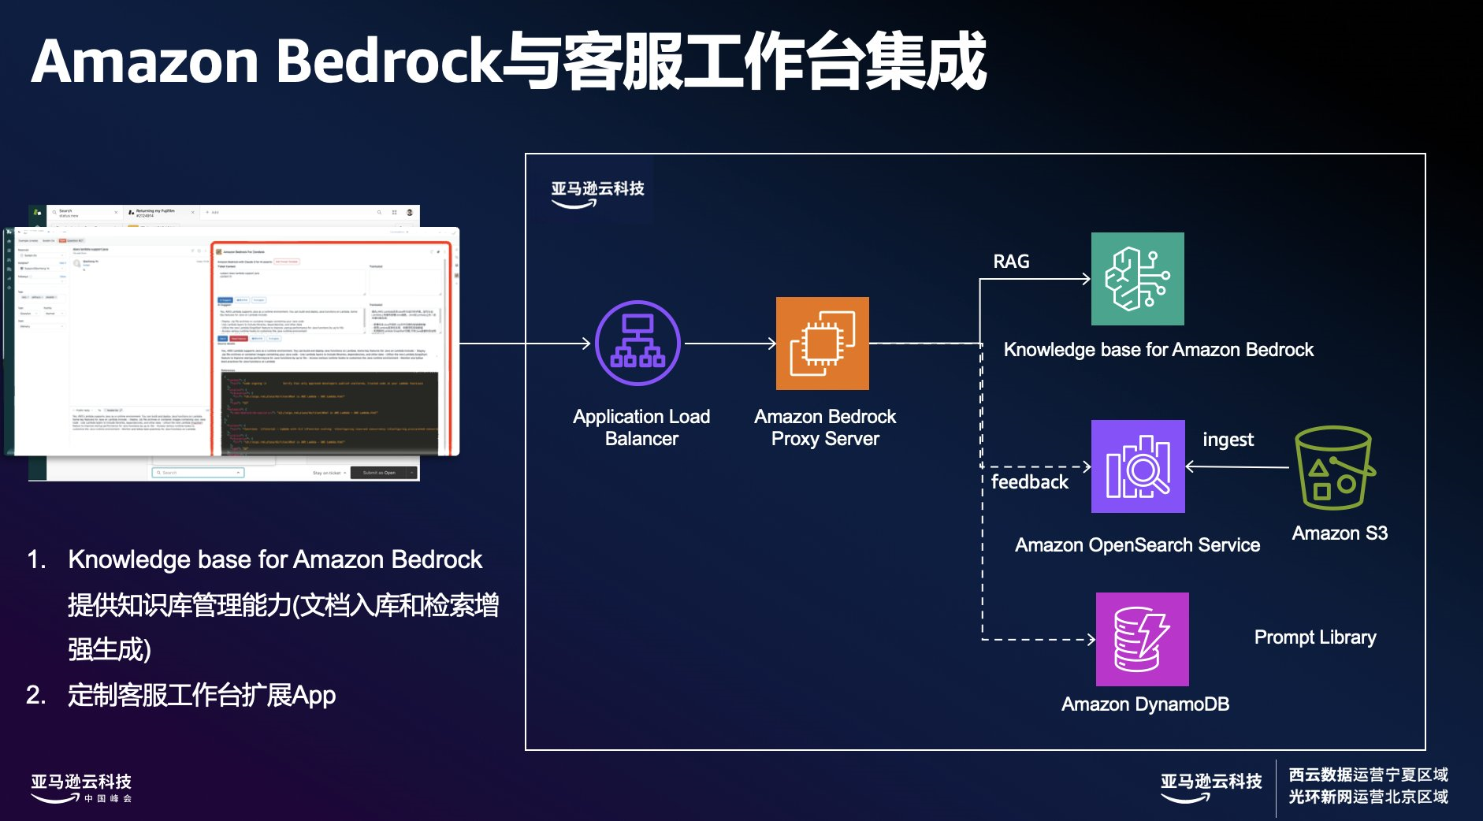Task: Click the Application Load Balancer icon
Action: point(637,344)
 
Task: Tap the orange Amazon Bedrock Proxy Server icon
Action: point(822,344)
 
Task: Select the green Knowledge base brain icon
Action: point(1137,279)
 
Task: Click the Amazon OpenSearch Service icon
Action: point(1137,466)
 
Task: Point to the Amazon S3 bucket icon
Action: point(1334,468)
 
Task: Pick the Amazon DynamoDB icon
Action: point(1142,639)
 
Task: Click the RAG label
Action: point(1011,262)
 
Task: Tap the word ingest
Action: point(1228,440)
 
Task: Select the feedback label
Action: point(1029,482)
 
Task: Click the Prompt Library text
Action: point(1314,637)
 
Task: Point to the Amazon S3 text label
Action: point(1340,533)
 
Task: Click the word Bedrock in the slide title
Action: point(389,61)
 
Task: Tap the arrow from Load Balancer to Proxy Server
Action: point(730,344)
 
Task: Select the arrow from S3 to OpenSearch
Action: point(1236,467)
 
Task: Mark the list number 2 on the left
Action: point(35,695)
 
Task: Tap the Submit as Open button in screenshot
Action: point(380,473)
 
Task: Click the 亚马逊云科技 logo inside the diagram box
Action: point(597,192)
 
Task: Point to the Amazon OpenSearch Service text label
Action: point(1137,545)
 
